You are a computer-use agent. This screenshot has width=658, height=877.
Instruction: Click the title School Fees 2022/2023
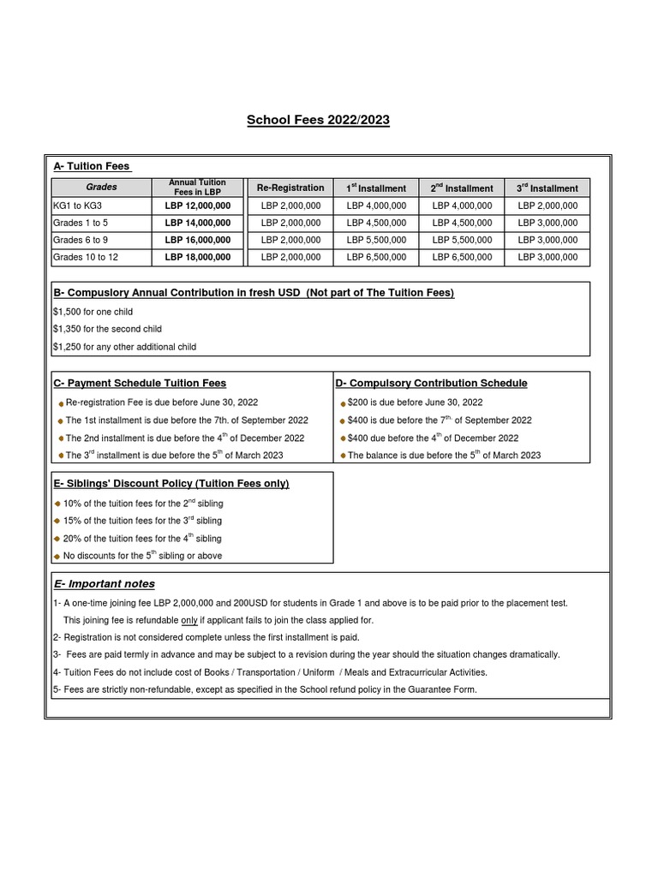click(x=318, y=120)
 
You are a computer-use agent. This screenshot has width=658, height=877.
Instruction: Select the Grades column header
click(x=101, y=187)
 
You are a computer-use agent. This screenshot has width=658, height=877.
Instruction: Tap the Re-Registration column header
click(x=290, y=188)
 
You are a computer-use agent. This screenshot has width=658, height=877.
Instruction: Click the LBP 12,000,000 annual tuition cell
click(x=198, y=206)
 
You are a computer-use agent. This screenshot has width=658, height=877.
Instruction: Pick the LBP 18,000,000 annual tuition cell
click(x=198, y=257)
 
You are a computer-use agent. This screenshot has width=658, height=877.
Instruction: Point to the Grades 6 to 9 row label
click(x=81, y=240)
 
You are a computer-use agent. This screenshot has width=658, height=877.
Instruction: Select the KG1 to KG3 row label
click(x=77, y=206)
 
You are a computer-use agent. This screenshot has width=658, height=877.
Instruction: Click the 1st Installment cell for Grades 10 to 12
click(x=376, y=257)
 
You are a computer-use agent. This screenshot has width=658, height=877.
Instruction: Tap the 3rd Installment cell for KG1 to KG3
click(x=547, y=206)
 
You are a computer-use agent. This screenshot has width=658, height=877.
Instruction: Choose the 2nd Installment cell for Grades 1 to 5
click(x=462, y=223)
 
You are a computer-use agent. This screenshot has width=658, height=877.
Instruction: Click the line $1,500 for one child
click(x=93, y=312)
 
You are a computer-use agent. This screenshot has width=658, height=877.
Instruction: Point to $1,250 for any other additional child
click(x=124, y=347)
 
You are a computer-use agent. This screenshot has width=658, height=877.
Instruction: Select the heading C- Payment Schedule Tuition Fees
click(x=140, y=383)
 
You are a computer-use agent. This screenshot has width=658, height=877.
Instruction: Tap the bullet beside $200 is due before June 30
click(x=343, y=403)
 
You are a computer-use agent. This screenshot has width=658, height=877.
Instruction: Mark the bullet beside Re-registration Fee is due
click(x=61, y=403)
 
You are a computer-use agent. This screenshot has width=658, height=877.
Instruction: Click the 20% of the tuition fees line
click(x=142, y=539)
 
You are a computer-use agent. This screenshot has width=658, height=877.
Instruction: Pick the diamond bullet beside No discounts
click(x=57, y=556)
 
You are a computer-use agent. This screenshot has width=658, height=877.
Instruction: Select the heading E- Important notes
click(x=104, y=584)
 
